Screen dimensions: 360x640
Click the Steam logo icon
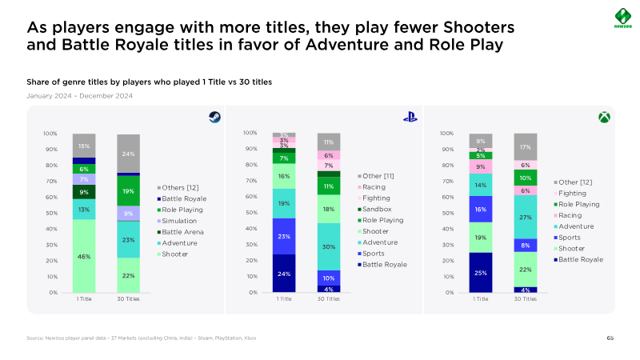tap(214, 117)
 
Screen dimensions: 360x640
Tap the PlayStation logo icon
tap(410, 117)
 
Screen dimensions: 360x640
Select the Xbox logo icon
tap(604, 117)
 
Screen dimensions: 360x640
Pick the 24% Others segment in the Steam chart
tap(129, 154)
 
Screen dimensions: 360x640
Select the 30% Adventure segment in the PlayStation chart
tap(329, 246)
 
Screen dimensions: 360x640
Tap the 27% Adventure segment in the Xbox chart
tap(525, 217)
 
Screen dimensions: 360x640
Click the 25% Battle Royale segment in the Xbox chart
tap(480, 272)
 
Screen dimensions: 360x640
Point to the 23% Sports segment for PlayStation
tap(284, 236)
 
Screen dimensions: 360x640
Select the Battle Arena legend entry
tap(183, 230)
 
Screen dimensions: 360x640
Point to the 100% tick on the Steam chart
tap(50, 134)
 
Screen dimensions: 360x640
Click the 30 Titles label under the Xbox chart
tap(525, 298)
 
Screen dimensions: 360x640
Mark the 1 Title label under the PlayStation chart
tap(284, 298)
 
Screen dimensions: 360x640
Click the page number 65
tap(610, 339)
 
